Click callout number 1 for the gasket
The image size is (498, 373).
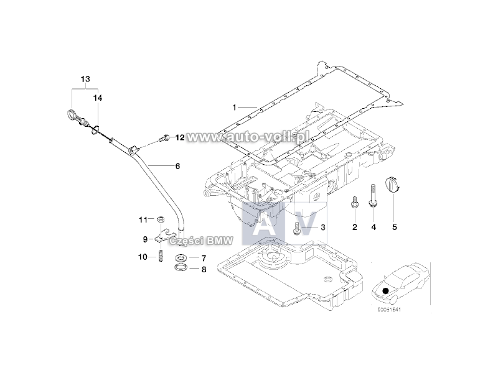(235, 108)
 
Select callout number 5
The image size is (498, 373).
(395, 227)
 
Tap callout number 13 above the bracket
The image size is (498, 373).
(85, 79)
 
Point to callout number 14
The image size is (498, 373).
(98, 98)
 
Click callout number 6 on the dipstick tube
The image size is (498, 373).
(177, 166)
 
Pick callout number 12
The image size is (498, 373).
(180, 137)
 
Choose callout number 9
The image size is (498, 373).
(145, 239)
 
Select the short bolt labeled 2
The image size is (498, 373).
(354, 201)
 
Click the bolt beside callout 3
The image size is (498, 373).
(297, 228)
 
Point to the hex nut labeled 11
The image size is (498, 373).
(161, 219)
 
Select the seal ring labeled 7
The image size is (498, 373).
(181, 257)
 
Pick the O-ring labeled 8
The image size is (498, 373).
(181, 267)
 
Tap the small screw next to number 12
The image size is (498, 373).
(164, 138)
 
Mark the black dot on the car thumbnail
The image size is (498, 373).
(385, 290)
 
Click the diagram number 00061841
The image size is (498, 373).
(389, 309)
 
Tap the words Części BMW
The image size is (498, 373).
(202, 241)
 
